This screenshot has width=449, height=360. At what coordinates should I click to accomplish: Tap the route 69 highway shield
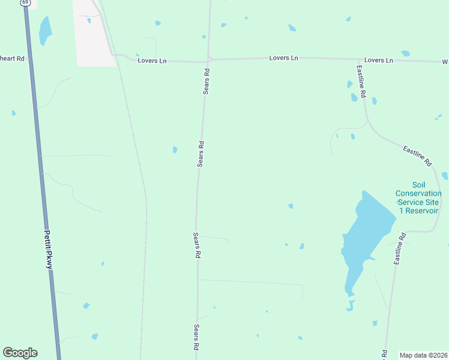tap(25, 2)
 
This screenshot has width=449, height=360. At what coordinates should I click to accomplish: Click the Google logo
tap(20, 353)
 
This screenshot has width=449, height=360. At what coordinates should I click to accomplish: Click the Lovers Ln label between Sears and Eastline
tap(284, 58)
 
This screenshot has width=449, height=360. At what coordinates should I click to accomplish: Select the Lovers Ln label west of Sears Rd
tap(152, 61)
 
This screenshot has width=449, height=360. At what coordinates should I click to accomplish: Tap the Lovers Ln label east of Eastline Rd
tap(378, 61)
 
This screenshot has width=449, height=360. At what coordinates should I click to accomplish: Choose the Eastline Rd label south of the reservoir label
tap(400, 249)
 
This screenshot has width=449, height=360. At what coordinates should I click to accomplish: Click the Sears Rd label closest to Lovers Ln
tap(206, 81)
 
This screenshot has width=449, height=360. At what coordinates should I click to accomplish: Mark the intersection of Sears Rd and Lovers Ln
tap(208, 60)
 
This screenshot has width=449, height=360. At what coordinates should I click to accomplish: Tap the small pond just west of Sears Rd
tap(175, 149)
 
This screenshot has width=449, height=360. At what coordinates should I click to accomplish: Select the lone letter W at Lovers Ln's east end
tap(445, 62)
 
